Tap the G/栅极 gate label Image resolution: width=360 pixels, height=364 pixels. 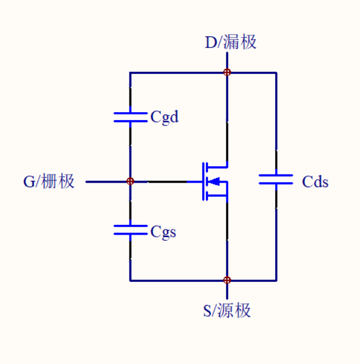(x=49, y=181)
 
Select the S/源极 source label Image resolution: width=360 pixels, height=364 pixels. (x=227, y=311)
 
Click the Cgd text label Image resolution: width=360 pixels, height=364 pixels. (x=165, y=117)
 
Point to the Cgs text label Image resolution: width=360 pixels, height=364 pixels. (x=164, y=232)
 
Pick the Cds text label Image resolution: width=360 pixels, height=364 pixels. (x=315, y=182)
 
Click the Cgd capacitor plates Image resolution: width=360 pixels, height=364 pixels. (x=130, y=117)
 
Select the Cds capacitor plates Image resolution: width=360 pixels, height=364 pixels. (x=276, y=179)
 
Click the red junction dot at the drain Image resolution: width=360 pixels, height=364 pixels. (x=227, y=72)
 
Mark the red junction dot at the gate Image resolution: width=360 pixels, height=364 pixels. (x=130, y=181)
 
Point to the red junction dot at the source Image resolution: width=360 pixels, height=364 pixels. (x=227, y=280)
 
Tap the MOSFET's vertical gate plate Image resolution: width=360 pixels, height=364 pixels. (x=203, y=181)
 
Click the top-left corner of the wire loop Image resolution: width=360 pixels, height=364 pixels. (x=130, y=73)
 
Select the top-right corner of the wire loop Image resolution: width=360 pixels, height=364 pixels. (x=276, y=73)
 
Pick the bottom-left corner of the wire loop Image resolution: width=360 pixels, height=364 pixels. (x=130, y=280)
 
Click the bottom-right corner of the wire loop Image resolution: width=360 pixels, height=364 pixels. (x=276, y=280)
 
